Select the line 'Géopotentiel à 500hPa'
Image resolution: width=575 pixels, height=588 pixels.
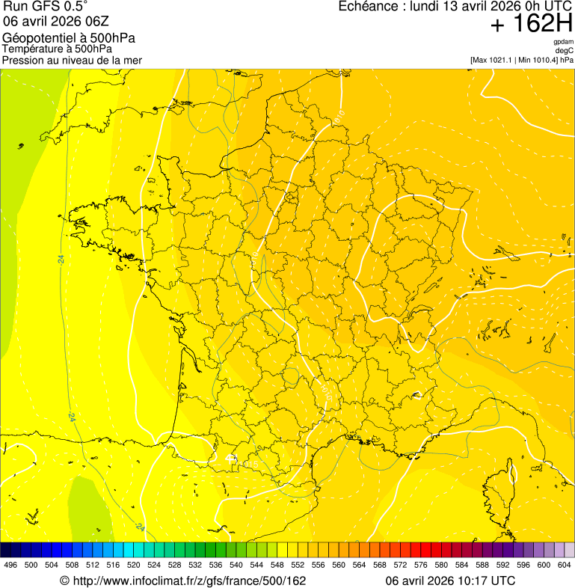point(70,38)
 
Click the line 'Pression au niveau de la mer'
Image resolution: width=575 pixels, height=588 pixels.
point(73,60)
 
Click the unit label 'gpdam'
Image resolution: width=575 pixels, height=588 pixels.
point(563,42)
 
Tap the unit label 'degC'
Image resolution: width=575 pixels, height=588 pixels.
point(565,50)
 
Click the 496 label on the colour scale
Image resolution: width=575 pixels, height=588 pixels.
point(10,565)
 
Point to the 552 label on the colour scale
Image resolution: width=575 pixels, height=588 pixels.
point(298,565)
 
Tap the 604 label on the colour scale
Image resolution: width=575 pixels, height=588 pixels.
point(565,565)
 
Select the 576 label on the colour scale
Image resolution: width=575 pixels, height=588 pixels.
point(421,565)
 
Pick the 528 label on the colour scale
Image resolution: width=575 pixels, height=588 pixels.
point(174,565)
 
